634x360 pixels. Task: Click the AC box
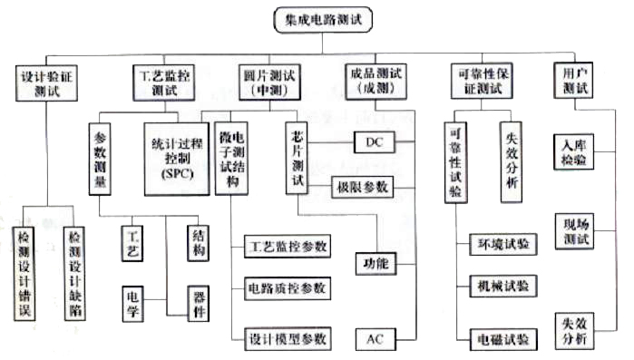point(376,339)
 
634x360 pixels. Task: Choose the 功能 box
point(376,264)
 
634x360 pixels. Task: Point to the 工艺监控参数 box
point(288,247)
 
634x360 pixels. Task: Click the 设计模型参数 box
point(288,339)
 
